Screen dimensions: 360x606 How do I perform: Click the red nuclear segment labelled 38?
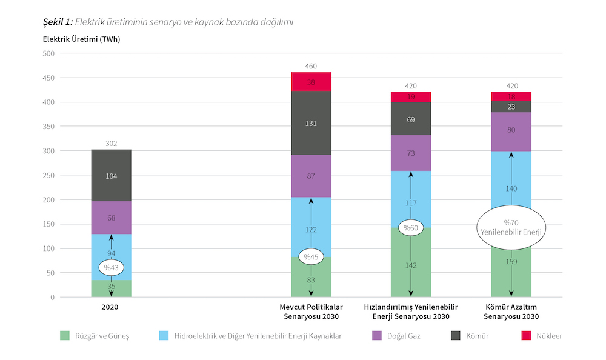pyautogui.click(x=311, y=81)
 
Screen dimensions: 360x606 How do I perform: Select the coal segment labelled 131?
pyautogui.click(x=311, y=123)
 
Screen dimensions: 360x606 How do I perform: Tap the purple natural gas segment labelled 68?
pyautogui.click(x=111, y=218)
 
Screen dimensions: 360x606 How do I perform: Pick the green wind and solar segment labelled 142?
pyautogui.click(x=411, y=265)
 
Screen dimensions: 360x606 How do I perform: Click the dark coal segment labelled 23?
pyautogui.click(x=511, y=107)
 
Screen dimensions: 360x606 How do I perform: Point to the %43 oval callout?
pyautogui.click(x=111, y=267)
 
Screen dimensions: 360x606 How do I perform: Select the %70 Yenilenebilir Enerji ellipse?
pyautogui.click(x=511, y=227)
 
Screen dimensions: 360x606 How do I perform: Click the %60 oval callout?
pyautogui.click(x=411, y=228)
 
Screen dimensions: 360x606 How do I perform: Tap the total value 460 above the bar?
pyautogui.click(x=311, y=66)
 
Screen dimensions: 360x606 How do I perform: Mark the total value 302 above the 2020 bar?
pyautogui.click(x=111, y=144)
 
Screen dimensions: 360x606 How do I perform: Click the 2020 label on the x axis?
pyautogui.click(x=110, y=307)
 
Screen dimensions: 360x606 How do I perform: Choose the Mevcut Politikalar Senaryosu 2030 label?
pyautogui.click(x=311, y=312)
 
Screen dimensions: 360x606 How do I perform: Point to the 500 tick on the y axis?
pyautogui.click(x=48, y=53)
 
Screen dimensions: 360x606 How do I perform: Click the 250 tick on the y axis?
pyautogui.click(x=48, y=175)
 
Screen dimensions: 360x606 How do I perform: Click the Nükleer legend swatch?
pyautogui.click(x=525, y=335)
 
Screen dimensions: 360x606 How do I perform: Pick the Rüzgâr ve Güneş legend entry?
pyautogui.click(x=95, y=335)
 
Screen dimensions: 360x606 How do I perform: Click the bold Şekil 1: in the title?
pyautogui.click(x=58, y=22)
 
